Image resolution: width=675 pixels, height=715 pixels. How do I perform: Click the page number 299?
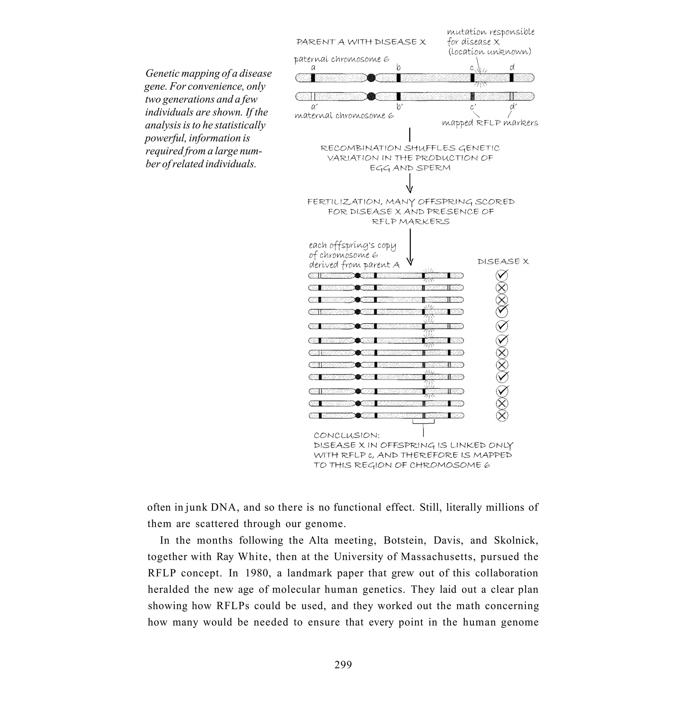pos(343,664)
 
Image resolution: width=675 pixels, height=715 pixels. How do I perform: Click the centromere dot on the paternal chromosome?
pos(371,78)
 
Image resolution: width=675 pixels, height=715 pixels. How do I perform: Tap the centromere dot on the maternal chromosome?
pos(371,96)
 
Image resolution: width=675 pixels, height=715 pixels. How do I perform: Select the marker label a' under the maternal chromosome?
pos(314,107)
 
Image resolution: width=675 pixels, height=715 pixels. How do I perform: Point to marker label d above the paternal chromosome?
pos(512,67)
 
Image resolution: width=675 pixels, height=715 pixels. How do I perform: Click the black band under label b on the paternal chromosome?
pos(398,78)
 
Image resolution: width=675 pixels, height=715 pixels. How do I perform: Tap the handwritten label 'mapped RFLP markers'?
pos(490,123)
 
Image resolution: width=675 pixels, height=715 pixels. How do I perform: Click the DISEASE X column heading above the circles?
pos(503,262)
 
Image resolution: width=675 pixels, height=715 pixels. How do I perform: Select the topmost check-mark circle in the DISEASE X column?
pos(502,275)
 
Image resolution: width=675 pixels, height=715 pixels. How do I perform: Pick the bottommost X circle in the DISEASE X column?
pos(502,416)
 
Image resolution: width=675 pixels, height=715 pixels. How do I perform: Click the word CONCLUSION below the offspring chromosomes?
pos(346,435)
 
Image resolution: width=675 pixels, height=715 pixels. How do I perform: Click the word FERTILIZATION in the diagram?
pos(345,202)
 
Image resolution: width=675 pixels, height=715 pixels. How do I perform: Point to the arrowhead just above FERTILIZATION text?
pos(409,189)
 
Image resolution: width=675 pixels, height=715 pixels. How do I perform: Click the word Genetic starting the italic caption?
pos(162,74)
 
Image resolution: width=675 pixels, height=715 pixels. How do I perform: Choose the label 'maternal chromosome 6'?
pos(344,115)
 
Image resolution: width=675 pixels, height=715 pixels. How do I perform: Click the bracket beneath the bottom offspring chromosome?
pos(424,422)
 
